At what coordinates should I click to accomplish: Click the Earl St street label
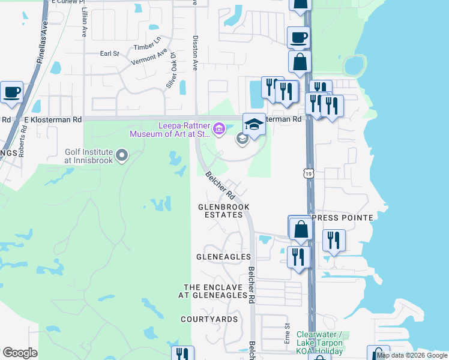pos(110,53)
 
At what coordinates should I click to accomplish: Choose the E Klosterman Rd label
pos(52,119)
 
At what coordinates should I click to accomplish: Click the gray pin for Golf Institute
pos(122,157)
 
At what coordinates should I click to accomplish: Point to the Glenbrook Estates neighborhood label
pos(223,211)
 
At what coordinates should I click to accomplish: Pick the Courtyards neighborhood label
pos(209,319)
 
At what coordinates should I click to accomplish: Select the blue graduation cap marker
pos(254,124)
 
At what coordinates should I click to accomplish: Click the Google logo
pos(20,353)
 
